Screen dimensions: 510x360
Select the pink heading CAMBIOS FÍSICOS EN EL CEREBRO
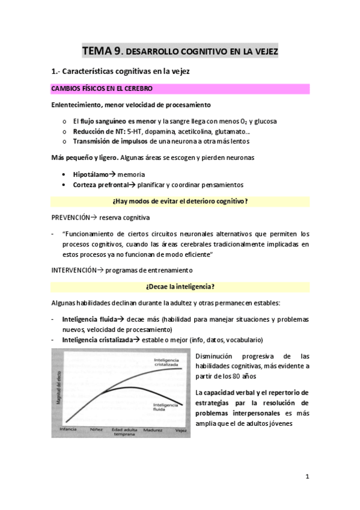coord(102,89)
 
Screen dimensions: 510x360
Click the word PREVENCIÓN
coord(71,217)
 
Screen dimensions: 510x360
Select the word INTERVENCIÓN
coord(74,271)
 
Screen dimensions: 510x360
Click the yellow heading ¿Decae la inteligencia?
coord(180,286)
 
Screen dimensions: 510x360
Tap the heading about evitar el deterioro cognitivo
coord(180,200)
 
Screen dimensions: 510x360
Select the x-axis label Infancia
coord(67,430)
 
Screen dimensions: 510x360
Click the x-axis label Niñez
coord(96,430)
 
